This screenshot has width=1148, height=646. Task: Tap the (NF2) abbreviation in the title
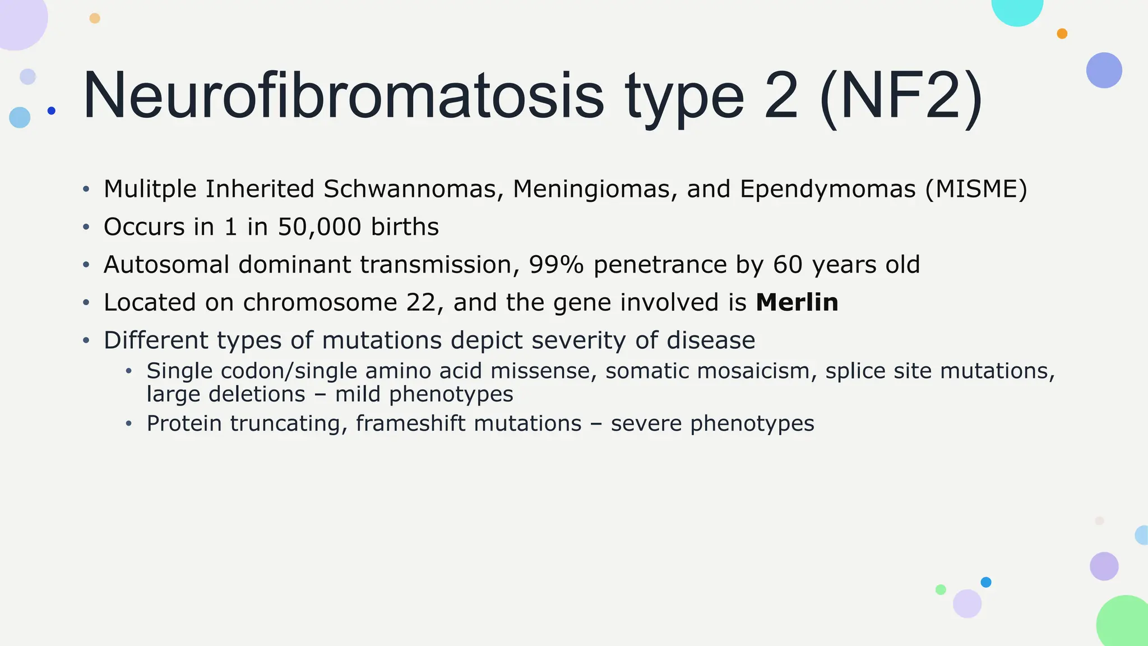(x=900, y=96)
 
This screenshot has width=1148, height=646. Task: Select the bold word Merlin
(x=797, y=303)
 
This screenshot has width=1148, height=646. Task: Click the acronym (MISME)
(x=976, y=189)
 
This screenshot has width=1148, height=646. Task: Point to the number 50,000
(x=320, y=227)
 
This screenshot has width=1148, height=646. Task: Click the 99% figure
(x=556, y=265)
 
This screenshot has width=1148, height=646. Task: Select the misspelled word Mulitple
(x=150, y=189)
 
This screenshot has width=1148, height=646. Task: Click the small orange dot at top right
(x=1062, y=34)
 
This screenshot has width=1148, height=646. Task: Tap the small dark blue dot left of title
(x=52, y=110)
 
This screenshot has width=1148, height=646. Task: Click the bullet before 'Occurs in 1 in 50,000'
(x=86, y=227)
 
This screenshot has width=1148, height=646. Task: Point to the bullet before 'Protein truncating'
(x=129, y=423)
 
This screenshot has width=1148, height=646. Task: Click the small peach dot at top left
(x=95, y=19)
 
